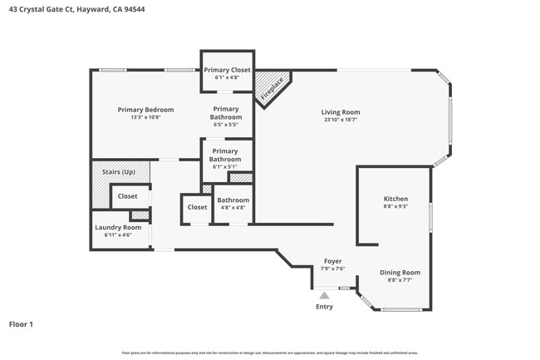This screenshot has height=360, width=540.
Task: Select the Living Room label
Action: (341, 112)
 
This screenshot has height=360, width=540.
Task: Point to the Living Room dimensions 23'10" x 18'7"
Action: (341, 120)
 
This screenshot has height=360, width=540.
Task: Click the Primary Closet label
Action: (227, 70)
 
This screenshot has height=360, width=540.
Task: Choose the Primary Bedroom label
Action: (145, 110)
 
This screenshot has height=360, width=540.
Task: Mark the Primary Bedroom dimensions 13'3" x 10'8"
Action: (145, 117)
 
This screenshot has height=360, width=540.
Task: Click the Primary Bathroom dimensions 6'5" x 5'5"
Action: (226, 126)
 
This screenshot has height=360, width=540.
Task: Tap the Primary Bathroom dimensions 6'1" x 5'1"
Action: (225, 166)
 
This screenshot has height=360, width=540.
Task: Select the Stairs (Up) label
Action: (118, 172)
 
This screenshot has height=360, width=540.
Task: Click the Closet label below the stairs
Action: (127, 196)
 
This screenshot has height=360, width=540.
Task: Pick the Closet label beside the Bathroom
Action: (197, 207)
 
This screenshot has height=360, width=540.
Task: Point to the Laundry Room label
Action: (118, 227)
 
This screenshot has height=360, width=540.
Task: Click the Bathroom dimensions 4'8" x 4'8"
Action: (233, 208)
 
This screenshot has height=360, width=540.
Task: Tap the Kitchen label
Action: (395, 199)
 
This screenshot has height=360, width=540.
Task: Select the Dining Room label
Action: (400, 273)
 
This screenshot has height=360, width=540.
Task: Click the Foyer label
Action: (333, 261)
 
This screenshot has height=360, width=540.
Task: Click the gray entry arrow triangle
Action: (324, 294)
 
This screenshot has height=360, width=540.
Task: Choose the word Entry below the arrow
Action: (324, 307)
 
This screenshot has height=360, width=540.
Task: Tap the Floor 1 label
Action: (21, 324)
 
